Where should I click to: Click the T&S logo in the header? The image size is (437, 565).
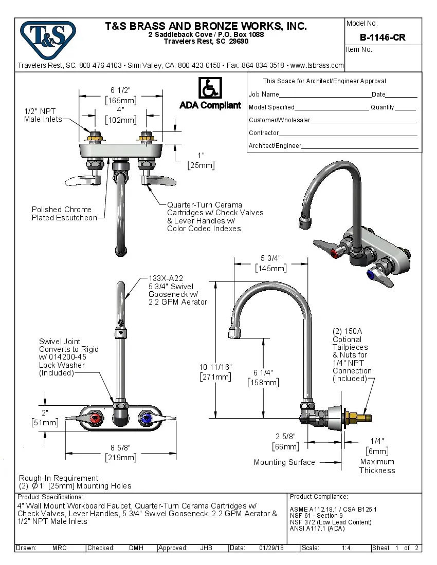point(48,36)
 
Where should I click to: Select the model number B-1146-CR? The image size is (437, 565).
point(382,37)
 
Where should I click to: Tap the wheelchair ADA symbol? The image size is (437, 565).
point(210,88)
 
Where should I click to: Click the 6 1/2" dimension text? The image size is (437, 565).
point(120,90)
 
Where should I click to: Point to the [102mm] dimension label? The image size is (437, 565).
point(120,120)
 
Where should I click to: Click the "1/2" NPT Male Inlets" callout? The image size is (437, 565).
point(43,115)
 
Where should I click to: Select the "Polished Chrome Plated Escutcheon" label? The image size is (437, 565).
point(64,214)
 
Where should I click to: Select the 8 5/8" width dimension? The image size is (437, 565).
point(120,447)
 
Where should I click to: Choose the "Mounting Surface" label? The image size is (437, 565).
point(284,462)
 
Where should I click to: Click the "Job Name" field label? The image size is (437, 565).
point(264,95)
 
